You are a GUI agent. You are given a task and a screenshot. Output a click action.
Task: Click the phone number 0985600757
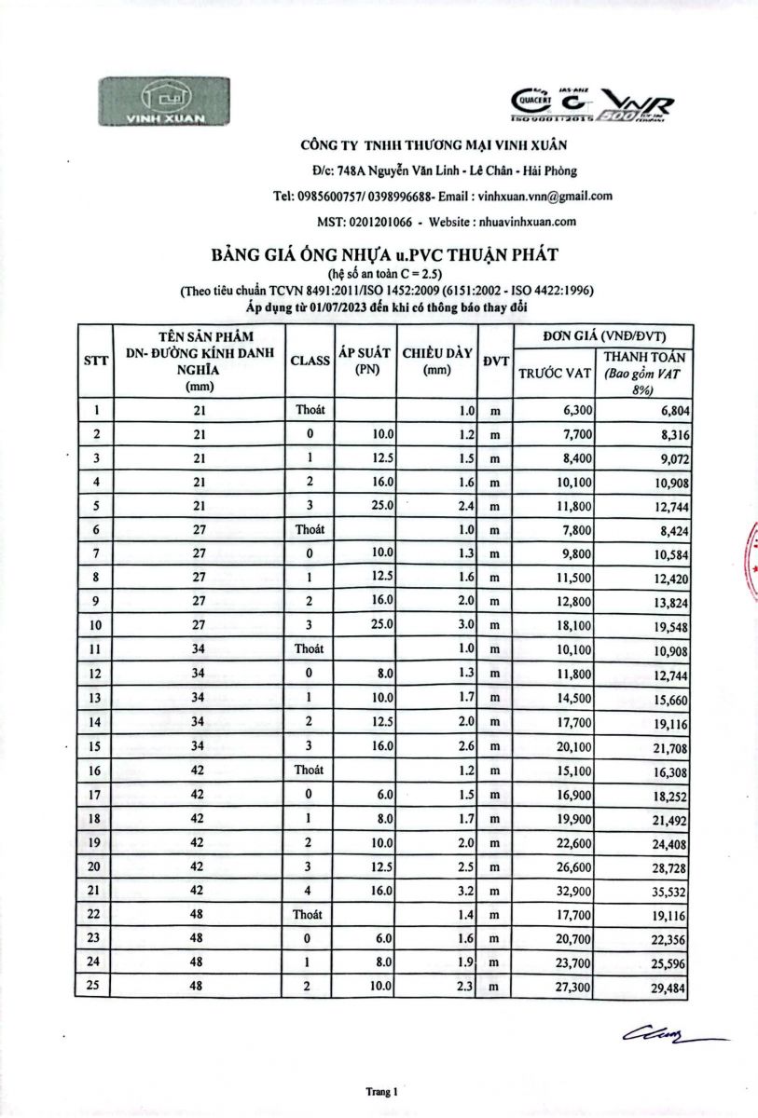click(x=333, y=197)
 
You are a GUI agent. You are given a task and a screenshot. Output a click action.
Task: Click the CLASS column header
click(x=310, y=361)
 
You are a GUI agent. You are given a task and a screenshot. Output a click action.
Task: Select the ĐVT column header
click(x=494, y=361)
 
